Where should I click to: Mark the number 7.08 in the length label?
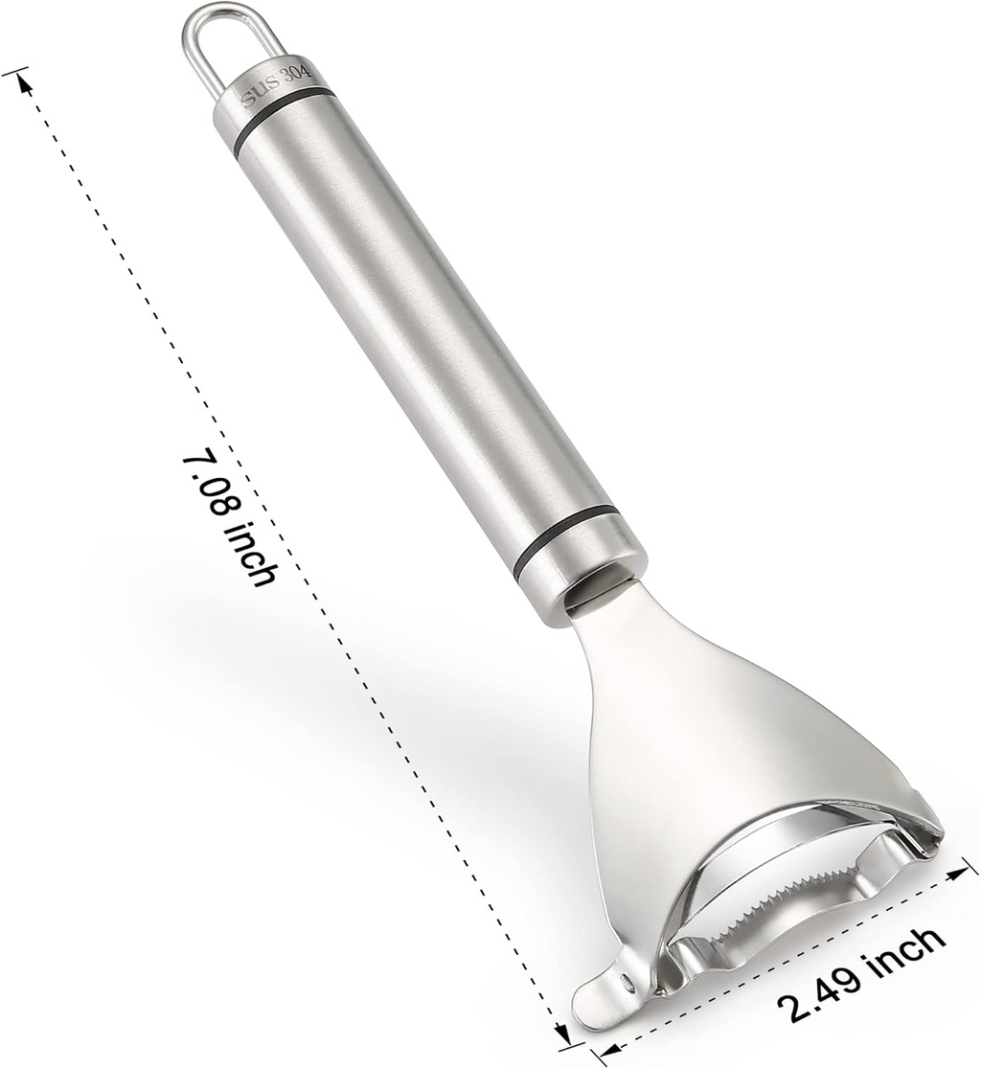[205, 485]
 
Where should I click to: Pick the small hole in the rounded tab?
[625, 982]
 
